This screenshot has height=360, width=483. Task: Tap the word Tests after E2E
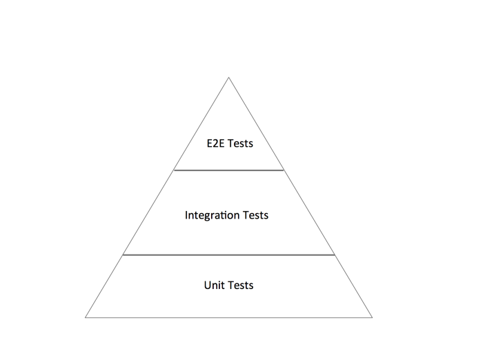[x=240, y=144]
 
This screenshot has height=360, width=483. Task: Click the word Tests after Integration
[x=255, y=215]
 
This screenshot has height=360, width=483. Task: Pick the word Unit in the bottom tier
[x=214, y=285]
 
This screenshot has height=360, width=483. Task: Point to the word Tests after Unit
[x=240, y=285]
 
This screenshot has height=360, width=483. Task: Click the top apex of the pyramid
[x=228, y=77]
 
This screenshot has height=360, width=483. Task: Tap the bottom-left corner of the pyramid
[x=86, y=317]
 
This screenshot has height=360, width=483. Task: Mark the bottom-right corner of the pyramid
[x=372, y=317]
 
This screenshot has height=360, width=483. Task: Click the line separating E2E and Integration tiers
[x=228, y=170]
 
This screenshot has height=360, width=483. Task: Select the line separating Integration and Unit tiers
[x=228, y=254]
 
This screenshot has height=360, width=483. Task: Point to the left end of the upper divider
[x=174, y=170]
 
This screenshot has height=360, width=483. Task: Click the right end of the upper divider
[x=284, y=170]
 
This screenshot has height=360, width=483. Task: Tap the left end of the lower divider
[x=123, y=254]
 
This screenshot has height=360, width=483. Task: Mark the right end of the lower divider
[x=335, y=254]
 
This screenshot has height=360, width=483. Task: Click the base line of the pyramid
[x=228, y=317]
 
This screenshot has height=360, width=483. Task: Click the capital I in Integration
[x=186, y=215]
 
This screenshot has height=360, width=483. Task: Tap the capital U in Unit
[x=208, y=285]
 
